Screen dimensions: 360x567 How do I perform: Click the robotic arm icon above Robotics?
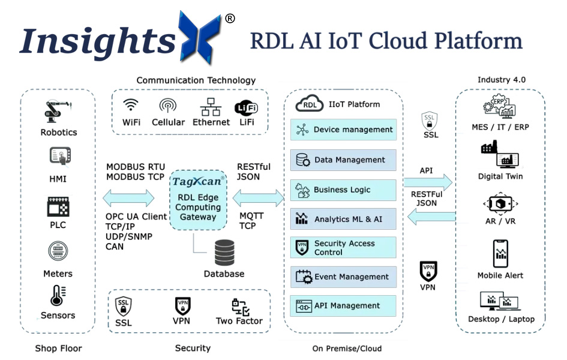click(58, 112)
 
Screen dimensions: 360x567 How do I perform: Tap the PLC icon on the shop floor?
click(58, 207)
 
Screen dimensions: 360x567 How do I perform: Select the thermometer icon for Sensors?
click(58, 296)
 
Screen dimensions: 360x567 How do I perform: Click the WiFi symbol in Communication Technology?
click(131, 106)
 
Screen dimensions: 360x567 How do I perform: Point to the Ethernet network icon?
click(211, 106)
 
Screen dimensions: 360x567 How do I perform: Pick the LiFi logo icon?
click(246, 107)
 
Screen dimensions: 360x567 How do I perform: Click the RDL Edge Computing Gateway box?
click(198, 200)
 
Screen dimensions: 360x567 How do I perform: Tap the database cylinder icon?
click(224, 252)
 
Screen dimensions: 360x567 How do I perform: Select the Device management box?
click(343, 130)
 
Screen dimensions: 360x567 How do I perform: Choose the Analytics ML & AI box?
click(343, 219)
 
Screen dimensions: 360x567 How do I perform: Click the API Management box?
click(343, 306)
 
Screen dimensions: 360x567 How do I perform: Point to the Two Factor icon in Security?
click(240, 307)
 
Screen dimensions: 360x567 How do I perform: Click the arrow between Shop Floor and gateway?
click(128, 197)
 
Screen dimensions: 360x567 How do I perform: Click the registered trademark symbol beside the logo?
click(230, 19)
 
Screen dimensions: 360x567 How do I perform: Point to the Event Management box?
click(343, 277)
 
